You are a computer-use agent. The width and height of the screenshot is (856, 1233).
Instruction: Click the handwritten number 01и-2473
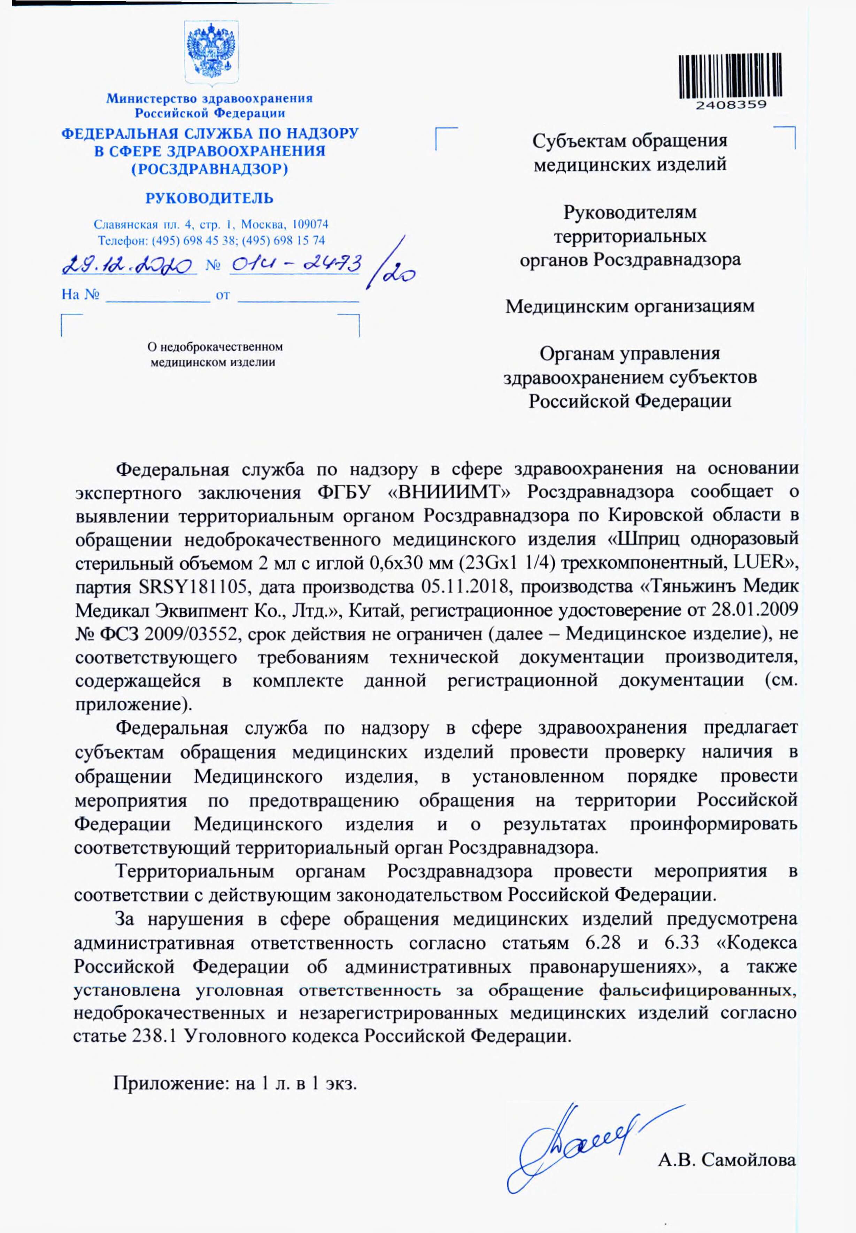coord(295,264)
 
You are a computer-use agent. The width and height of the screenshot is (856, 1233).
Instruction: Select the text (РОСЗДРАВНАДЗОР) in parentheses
coord(210,170)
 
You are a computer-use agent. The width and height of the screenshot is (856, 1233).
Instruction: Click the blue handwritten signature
coord(579,1145)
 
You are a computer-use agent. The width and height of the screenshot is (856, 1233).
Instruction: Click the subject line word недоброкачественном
coord(215,347)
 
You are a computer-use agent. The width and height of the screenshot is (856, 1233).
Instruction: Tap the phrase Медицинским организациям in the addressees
coord(630,306)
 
